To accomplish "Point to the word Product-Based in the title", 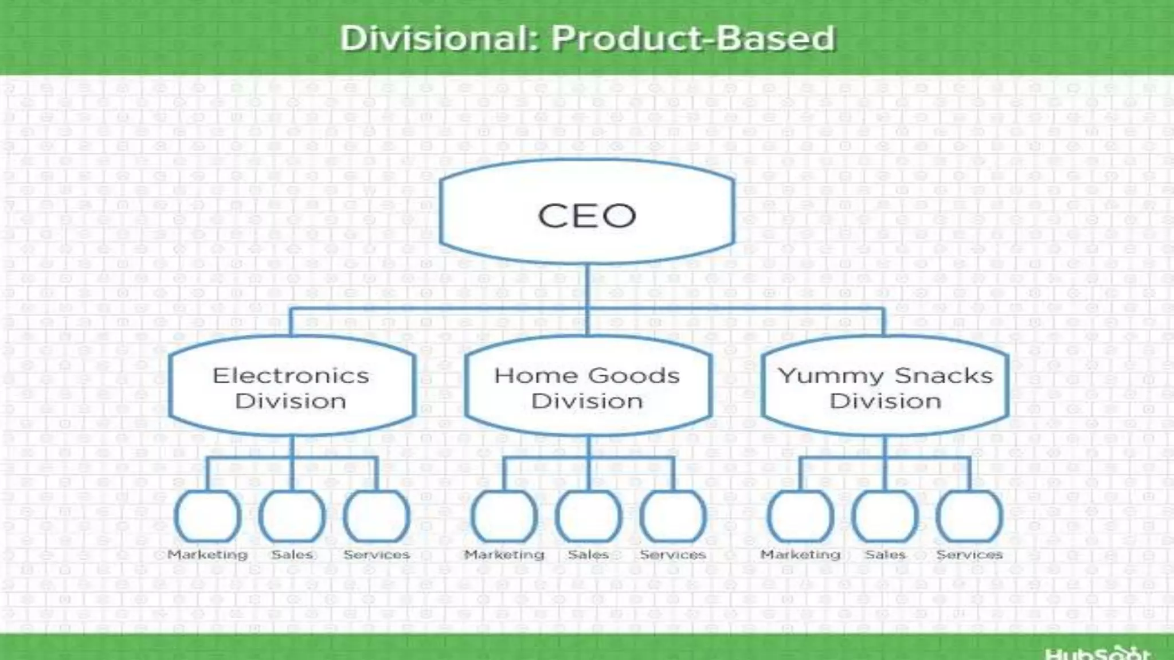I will [x=693, y=38].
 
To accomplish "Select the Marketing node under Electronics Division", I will [x=208, y=516].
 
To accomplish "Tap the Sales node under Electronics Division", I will [x=292, y=516].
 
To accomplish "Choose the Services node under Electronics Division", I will [x=377, y=516].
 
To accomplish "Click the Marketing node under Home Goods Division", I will [x=504, y=516].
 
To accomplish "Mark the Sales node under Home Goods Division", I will [x=589, y=516].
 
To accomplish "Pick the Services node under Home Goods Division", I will [x=673, y=516].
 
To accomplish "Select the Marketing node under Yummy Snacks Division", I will [x=801, y=516].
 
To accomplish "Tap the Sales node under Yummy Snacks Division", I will [x=885, y=516].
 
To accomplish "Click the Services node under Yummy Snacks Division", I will [x=969, y=516].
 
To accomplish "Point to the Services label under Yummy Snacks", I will [x=969, y=555].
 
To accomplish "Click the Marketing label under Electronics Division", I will [x=208, y=555].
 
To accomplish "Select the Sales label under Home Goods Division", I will [x=589, y=555].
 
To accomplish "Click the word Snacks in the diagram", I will [x=943, y=376].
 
